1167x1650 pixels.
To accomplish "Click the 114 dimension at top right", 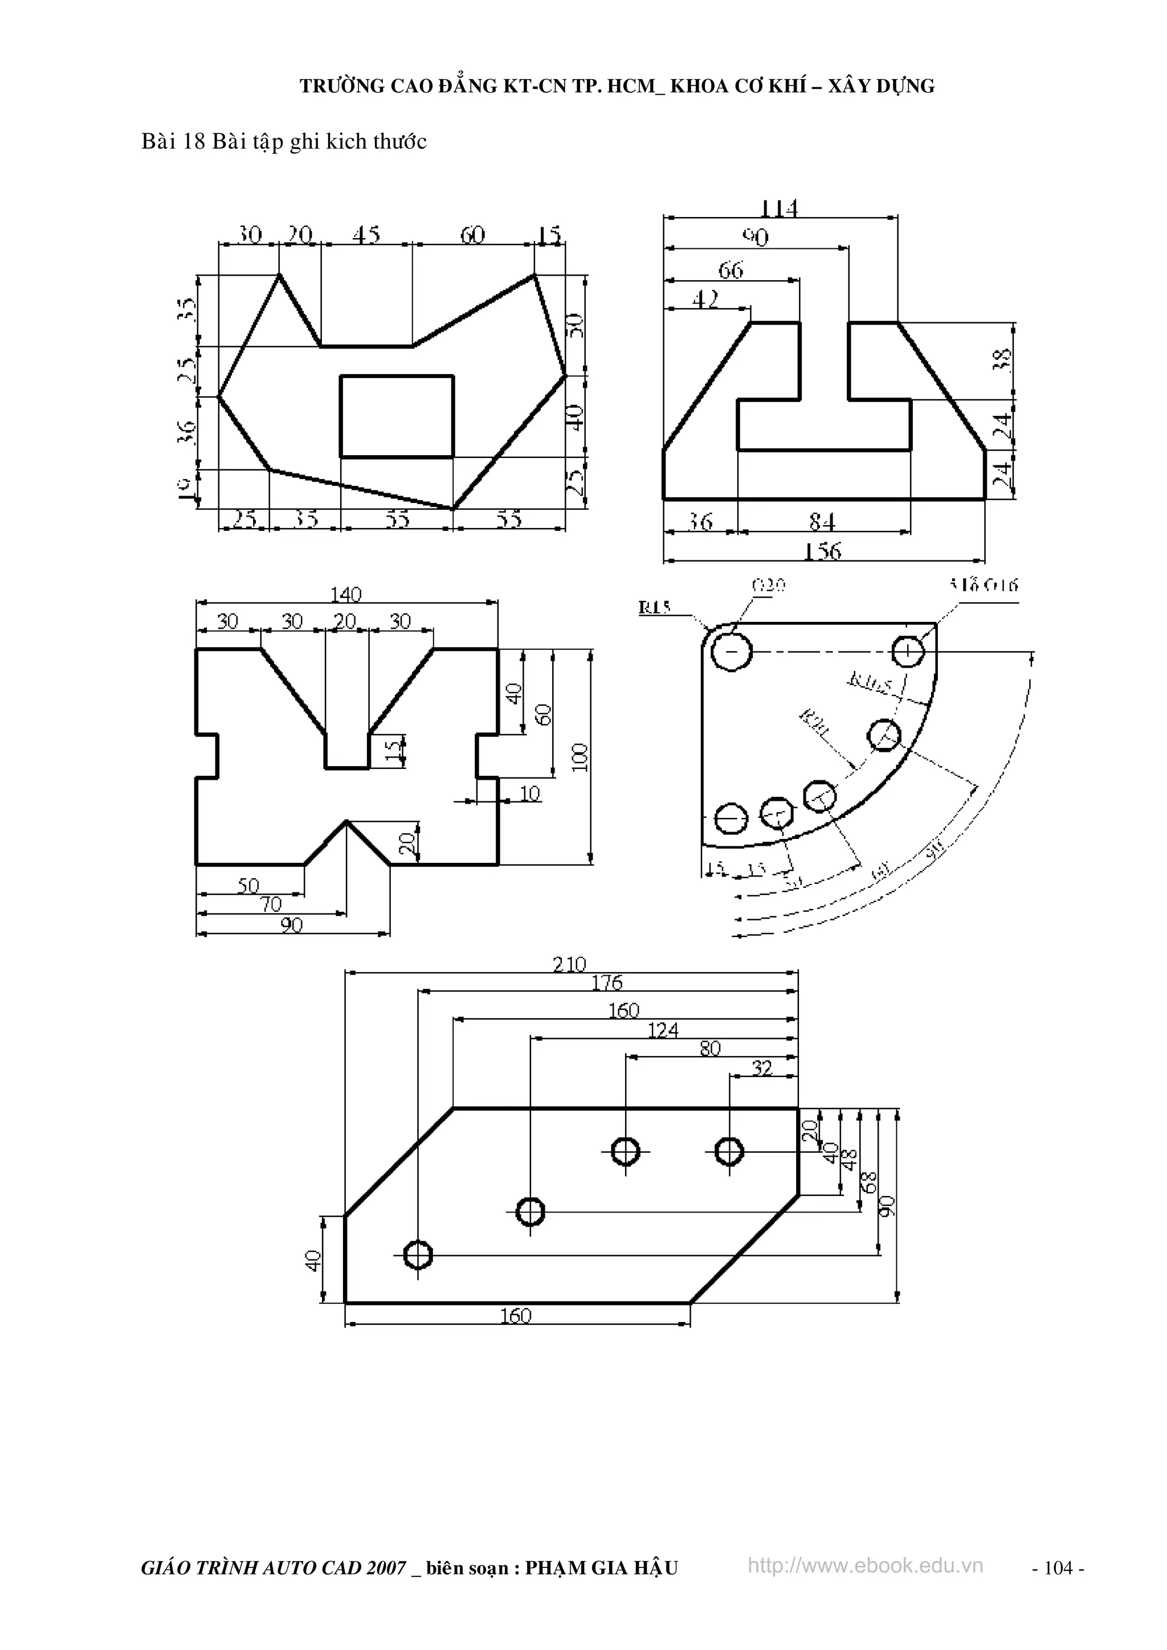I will tap(780, 208).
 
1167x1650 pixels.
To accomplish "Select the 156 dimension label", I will tap(823, 551).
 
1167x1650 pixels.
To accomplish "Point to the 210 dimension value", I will tap(569, 964).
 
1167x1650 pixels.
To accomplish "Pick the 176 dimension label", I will tap(607, 983).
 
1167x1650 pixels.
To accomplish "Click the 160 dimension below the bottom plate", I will tap(516, 1316).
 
